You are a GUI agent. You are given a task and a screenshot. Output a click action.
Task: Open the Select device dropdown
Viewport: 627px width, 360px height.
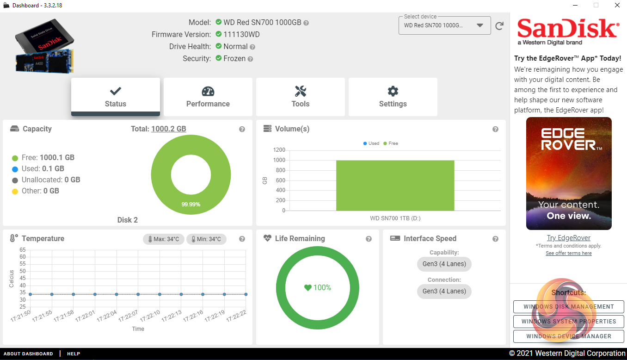pos(444,25)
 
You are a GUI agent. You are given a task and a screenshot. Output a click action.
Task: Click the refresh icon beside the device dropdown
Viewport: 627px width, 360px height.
pos(499,26)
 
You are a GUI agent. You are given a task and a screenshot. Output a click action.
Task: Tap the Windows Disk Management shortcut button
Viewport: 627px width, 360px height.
pos(568,306)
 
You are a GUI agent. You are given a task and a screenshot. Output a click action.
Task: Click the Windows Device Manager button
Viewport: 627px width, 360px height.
pos(568,336)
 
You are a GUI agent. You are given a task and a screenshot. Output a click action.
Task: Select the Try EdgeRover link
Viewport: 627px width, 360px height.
pos(568,238)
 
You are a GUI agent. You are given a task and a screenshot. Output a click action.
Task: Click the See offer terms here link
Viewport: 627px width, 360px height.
pos(568,253)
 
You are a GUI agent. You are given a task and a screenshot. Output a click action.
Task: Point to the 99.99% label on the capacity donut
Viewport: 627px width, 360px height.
pos(191,204)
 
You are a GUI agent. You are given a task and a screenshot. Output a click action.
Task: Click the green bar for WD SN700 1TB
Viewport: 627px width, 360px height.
pos(395,185)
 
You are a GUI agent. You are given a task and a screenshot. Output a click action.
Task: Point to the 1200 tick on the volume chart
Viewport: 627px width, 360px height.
pos(279,150)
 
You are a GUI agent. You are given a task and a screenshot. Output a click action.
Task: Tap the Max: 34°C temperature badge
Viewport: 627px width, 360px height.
pos(164,239)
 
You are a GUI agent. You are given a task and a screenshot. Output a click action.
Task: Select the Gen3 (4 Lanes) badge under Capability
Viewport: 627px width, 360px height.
pos(444,264)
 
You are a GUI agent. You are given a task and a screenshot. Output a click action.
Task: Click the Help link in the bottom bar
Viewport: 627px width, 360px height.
pos(74,354)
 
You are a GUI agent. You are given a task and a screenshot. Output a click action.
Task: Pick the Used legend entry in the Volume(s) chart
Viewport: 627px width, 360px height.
pos(371,143)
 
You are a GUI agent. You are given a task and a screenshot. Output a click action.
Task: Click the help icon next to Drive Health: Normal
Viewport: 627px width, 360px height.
pos(252,47)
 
